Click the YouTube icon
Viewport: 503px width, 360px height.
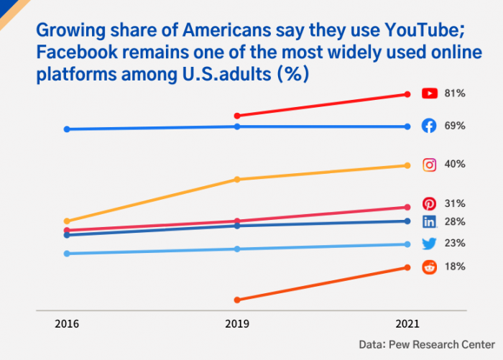pos(430,93)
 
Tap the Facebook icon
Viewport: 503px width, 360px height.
pos(429,126)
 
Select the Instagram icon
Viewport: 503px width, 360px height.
pos(429,165)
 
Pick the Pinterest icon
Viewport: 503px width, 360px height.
pos(429,204)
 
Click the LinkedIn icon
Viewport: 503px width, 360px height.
pos(429,222)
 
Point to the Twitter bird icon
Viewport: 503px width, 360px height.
pos(429,244)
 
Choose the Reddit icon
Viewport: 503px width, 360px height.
pos(429,267)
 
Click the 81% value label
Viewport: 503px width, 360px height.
pos(455,93)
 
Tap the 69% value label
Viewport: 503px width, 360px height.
pos(455,126)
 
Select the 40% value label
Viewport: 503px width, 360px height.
pos(455,164)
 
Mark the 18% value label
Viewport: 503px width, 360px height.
pos(455,266)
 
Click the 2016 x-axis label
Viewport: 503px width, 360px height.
pos(67,325)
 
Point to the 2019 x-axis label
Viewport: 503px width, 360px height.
pos(237,325)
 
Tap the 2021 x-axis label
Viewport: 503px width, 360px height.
pos(407,325)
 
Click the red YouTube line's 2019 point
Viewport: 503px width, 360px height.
pos(237,115)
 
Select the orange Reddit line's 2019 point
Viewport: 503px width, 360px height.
pos(237,300)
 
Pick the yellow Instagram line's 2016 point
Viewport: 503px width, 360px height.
pos(67,221)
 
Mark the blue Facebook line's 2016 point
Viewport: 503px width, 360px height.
pos(67,129)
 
